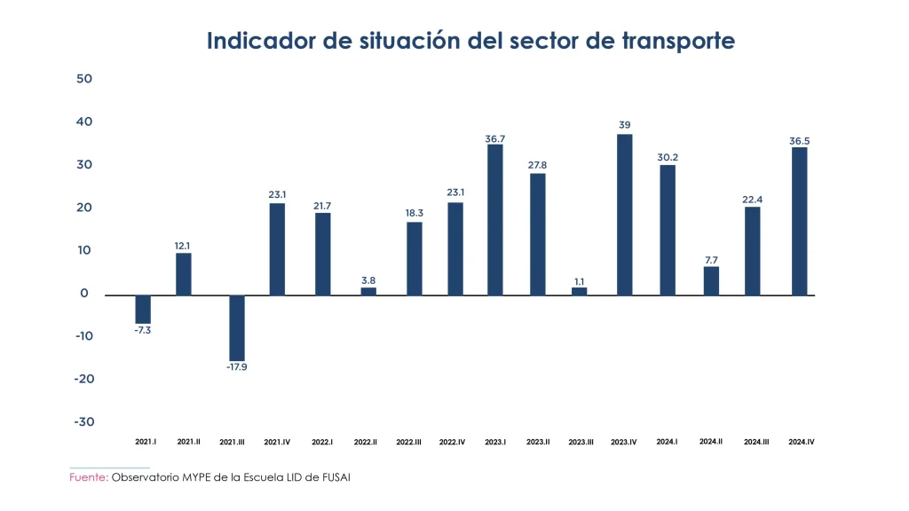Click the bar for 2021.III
coord(237,327)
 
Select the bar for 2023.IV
coord(625,215)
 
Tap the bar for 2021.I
coord(143,309)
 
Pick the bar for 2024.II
coord(711,280)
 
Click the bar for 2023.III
coord(580,291)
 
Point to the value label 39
coord(625,125)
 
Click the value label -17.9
coord(236,367)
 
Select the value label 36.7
coord(494,138)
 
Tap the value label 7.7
coord(711,260)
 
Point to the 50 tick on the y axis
coord(84,79)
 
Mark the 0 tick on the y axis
coord(84,294)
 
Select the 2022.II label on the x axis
coord(366,442)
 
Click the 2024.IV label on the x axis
coord(802,442)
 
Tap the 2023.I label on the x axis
coord(495,442)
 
